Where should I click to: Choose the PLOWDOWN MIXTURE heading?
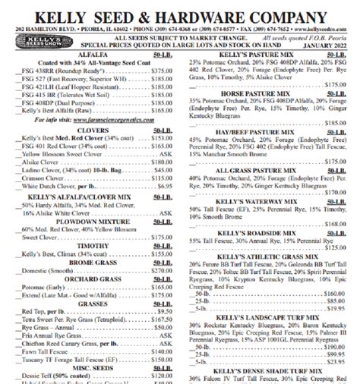click(93, 222)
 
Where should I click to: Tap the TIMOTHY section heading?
click(93, 245)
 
